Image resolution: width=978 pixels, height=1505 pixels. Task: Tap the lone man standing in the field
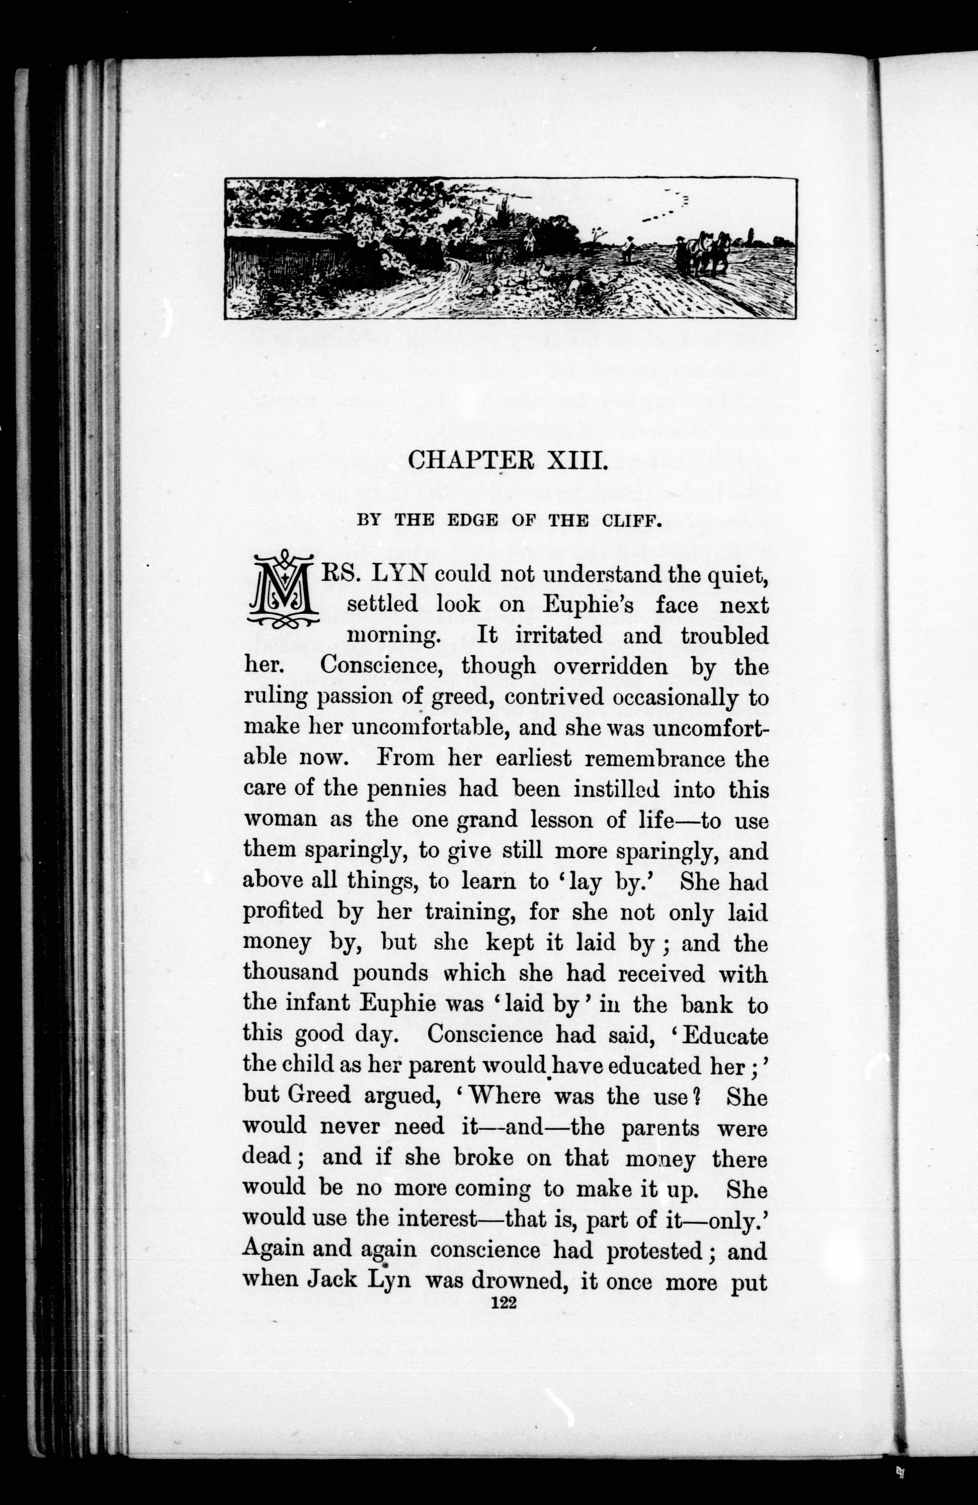[629, 248]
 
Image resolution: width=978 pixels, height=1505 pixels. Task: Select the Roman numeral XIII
[577, 459]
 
